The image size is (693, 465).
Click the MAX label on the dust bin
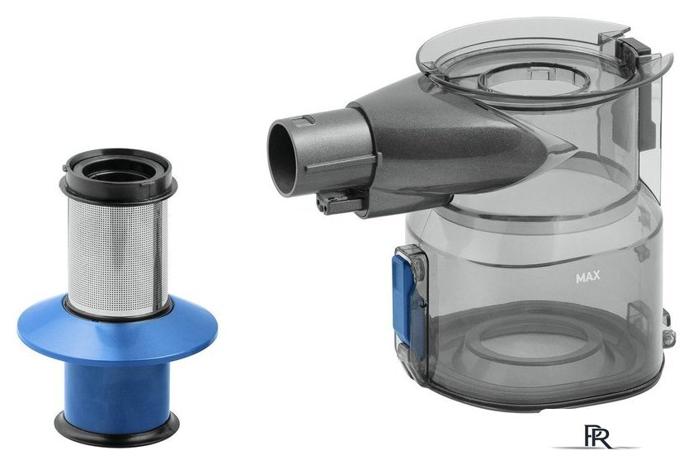pos(587,277)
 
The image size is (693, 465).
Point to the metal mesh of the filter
pos(117,256)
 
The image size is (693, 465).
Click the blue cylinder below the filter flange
pos(116,388)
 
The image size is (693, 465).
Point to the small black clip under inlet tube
pos(339,202)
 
